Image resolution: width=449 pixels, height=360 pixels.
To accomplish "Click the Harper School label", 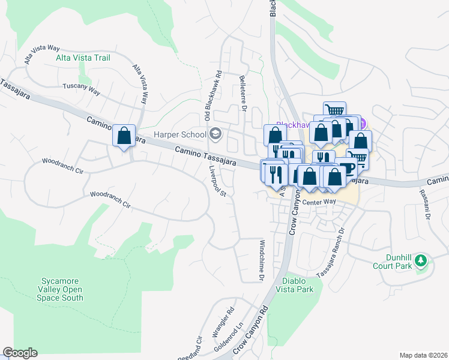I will coord(180,134).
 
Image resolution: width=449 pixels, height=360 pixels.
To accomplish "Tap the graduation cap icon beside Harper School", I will coord(215,134).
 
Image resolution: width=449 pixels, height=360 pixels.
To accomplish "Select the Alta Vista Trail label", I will coord(83,58).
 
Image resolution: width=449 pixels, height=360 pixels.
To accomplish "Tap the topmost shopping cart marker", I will coord(334,110).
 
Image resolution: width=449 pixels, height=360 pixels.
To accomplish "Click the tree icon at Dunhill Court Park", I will coord(421,260).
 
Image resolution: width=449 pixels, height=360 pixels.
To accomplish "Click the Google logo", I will coord(19,353).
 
